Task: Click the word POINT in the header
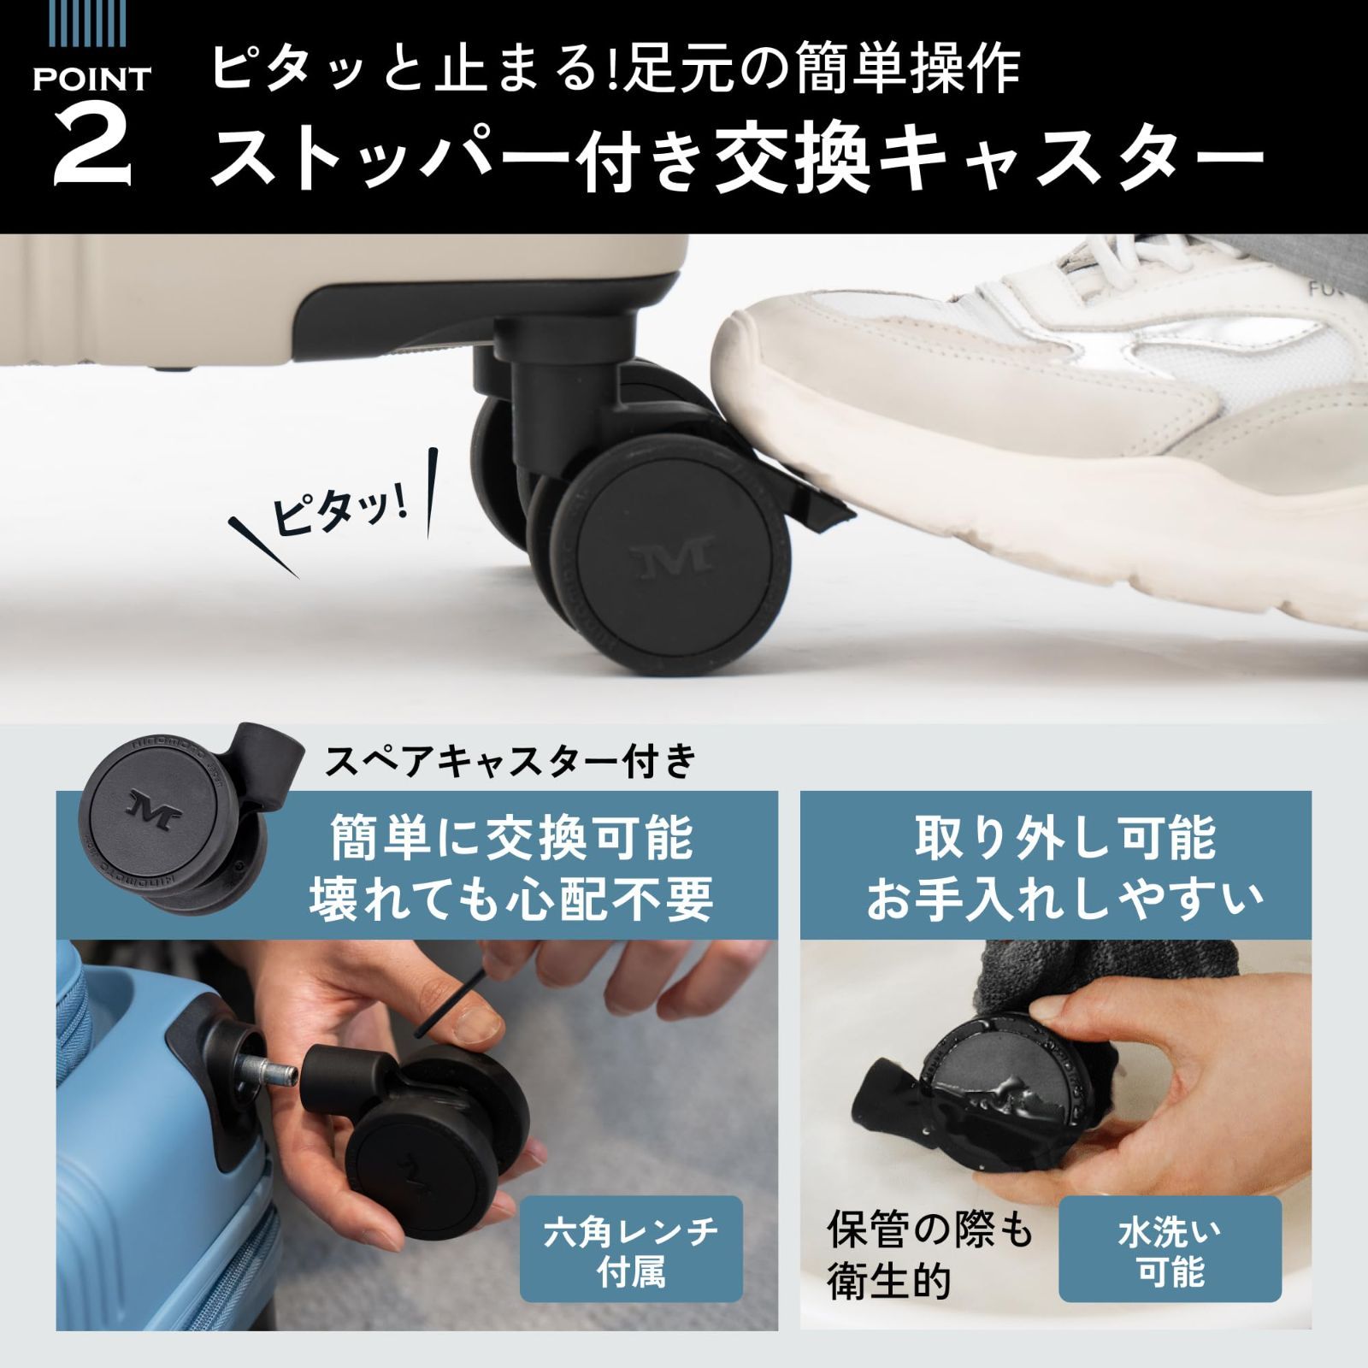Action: tap(92, 80)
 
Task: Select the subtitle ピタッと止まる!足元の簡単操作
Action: tap(616, 68)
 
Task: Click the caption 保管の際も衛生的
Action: tap(930, 1257)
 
